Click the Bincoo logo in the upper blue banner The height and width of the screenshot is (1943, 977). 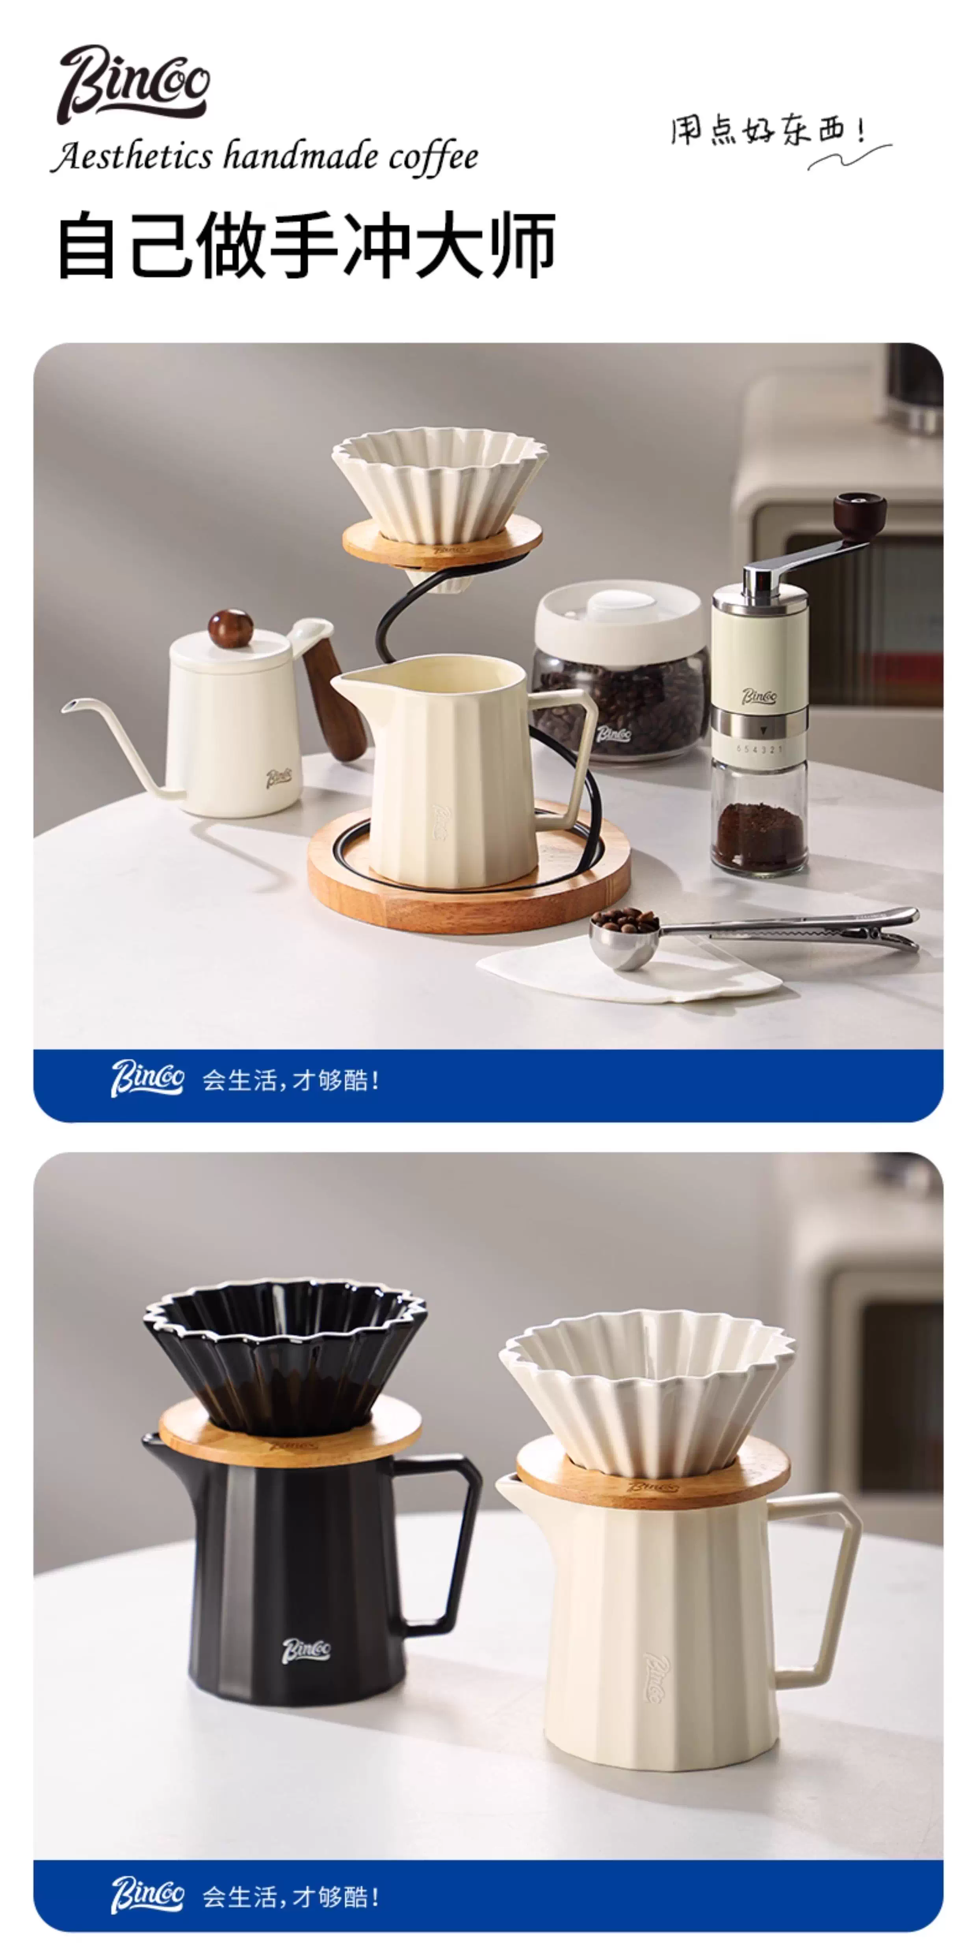click(x=147, y=1079)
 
